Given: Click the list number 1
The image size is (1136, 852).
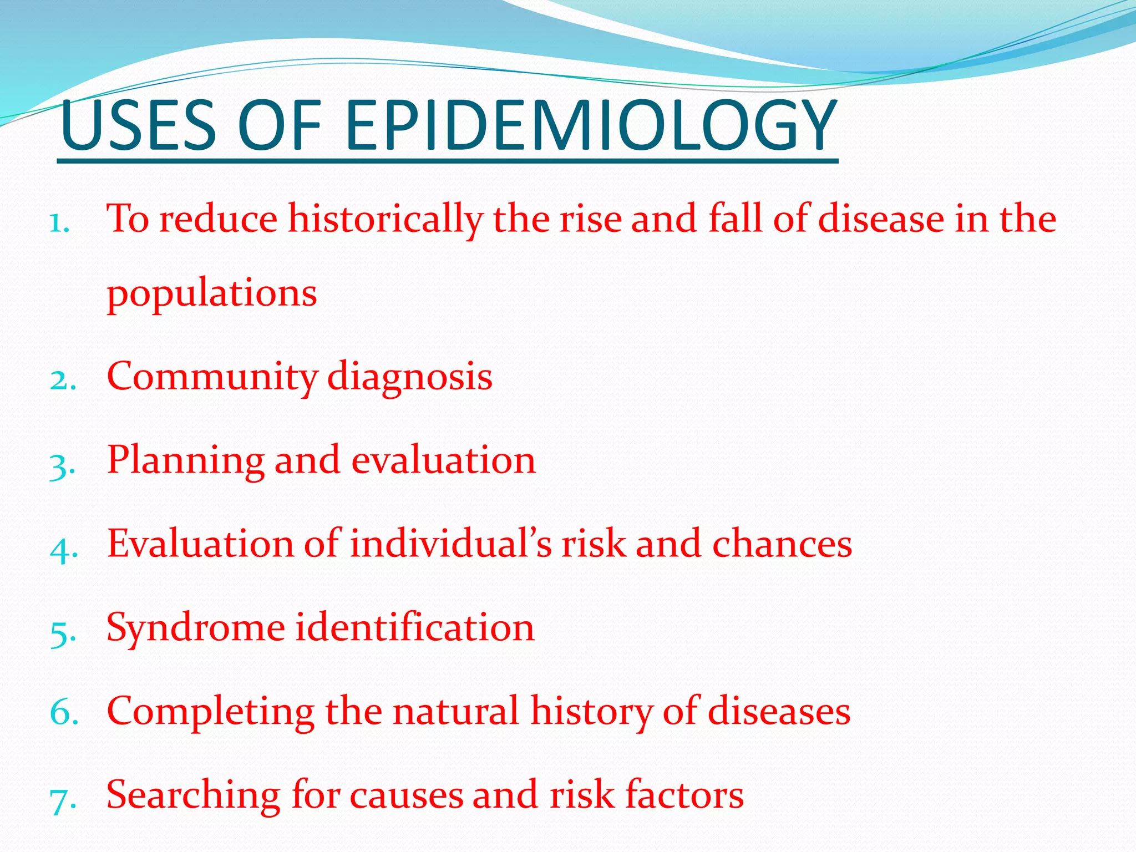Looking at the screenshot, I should coord(59,224).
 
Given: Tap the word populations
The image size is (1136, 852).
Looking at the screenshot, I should coord(212,294).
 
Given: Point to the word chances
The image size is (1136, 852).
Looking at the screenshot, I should coord(782,544).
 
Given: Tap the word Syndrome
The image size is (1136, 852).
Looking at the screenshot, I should coord(196,629).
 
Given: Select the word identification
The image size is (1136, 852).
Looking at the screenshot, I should coord(414,628).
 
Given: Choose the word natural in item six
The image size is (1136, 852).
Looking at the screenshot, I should coord(455,712).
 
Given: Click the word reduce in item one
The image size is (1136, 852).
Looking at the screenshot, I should coord(218,220).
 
